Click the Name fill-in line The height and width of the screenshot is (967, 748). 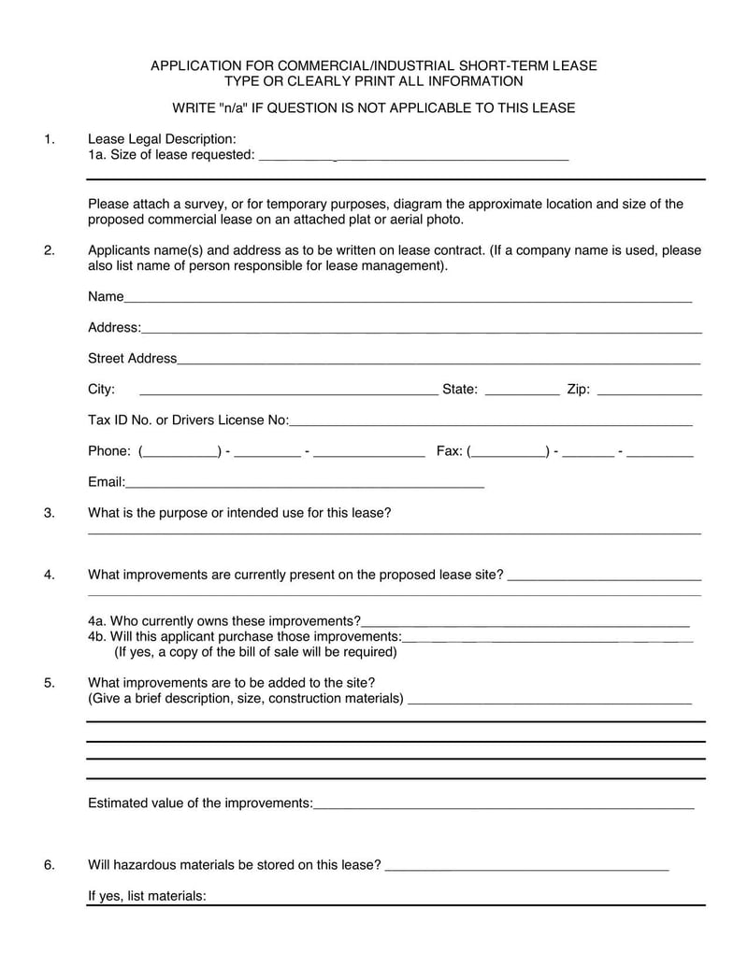pos(408,300)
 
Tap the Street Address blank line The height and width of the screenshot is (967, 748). pos(439,362)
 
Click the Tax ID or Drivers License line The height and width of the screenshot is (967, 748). pos(491,423)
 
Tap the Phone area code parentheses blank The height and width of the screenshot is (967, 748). pos(180,454)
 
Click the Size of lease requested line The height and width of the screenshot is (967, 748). pos(412,158)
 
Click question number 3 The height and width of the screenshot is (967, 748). pos(49,513)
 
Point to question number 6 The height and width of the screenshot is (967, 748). pos(49,865)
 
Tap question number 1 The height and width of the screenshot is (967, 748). pos(49,140)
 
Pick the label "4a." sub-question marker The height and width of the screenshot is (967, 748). pos(97,621)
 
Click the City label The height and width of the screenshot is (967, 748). pos(101,390)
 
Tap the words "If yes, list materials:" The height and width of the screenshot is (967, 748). pos(147,896)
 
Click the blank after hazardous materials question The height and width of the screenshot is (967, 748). pos(526,868)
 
